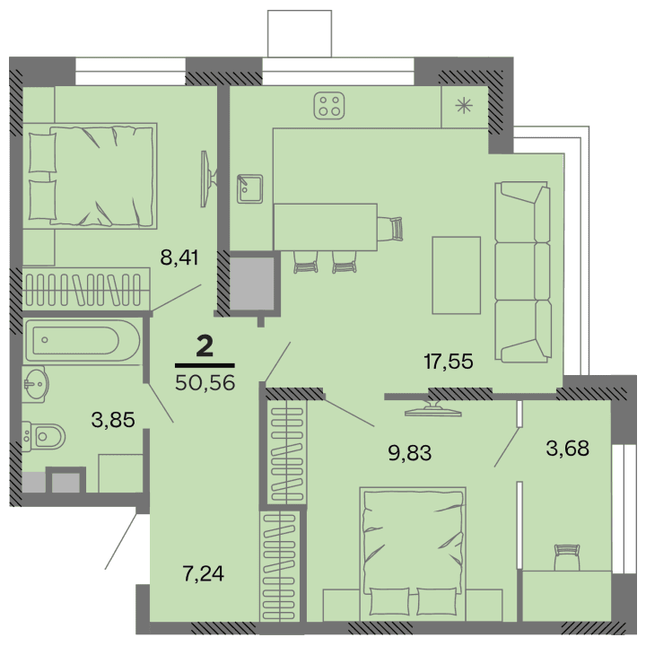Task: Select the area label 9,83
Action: (x=410, y=451)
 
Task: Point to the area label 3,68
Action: (x=567, y=446)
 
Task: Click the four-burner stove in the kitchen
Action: (x=329, y=106)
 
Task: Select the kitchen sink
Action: (x=249, y=189)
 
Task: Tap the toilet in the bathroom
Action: (x=44, y=436)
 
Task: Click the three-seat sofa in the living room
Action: (x=521, y=270)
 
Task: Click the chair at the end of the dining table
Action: (x=391, y=228)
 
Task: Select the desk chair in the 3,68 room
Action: (x=567, y=556)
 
